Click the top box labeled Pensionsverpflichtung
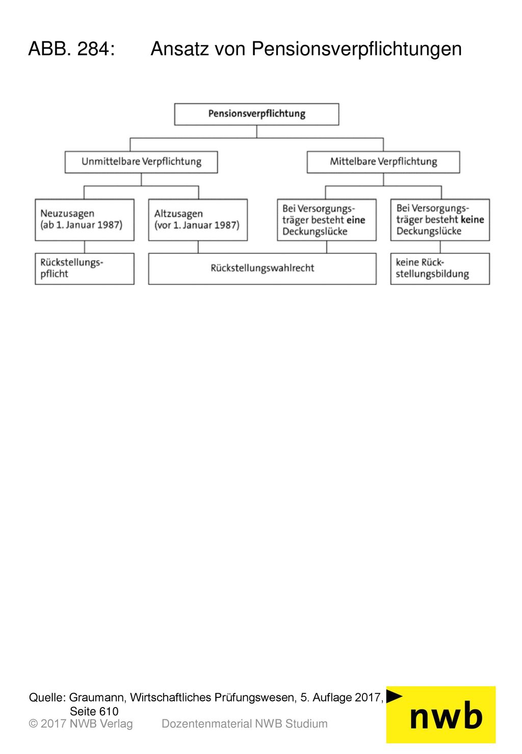click(x=256, y=114)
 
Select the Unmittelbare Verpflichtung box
click(x=141, y=162)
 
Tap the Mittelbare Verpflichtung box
click(x=383, y=162)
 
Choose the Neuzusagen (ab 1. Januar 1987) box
click(x=85, y=220)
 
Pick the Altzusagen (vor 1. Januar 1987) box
click(x=198, y=220)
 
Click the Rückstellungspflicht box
click(x=85, y=269)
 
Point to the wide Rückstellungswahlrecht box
click(x=262, y=269)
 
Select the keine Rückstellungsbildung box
click(x=440, y=269)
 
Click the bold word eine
click(x=356, y=220)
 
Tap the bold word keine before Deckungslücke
click(x=472, y=220)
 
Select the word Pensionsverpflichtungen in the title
click(x=356, y=49)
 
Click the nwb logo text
click(x=446, y=717)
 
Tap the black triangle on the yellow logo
click(x=394, y=696)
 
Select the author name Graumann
click(x=97, y=697)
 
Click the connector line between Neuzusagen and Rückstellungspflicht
click(x=85, y=247)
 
